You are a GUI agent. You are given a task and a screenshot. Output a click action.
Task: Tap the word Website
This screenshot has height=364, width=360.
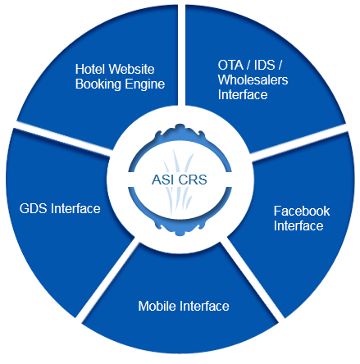130,69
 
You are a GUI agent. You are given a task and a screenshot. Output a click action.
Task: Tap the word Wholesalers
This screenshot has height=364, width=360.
253,80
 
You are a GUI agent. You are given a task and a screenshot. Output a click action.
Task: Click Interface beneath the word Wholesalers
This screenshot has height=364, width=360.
243,95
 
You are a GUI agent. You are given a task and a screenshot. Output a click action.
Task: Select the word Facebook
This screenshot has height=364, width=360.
302,212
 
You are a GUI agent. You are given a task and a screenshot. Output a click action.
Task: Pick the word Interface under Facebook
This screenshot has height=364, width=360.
298,226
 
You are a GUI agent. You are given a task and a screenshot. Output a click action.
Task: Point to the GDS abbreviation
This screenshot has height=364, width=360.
34,209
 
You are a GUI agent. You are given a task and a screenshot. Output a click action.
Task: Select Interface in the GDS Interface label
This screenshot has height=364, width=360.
75,209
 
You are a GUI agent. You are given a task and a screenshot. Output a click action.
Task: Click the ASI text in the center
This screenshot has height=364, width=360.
162,180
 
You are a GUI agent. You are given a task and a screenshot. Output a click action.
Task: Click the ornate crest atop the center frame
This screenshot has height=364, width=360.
180,130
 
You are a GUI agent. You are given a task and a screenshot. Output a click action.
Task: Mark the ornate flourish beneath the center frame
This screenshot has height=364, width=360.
180,229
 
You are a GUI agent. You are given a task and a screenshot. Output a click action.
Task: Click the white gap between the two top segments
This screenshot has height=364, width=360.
181,55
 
